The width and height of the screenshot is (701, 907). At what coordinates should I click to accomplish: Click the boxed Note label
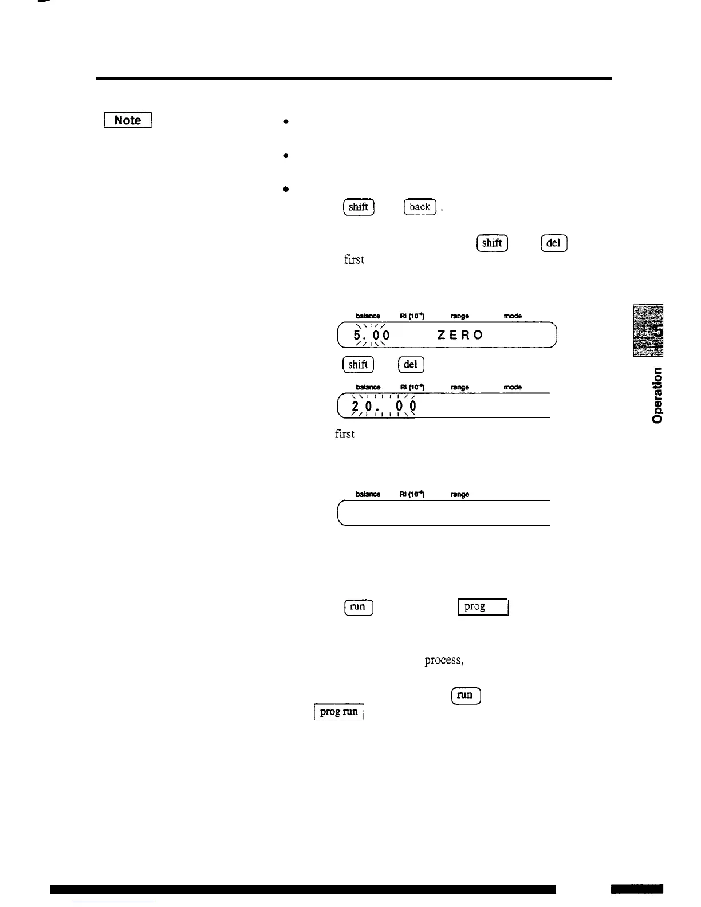(127, 120)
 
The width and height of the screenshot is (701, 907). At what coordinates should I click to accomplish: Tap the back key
(420, 207)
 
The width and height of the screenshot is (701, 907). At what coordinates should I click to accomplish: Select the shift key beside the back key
(358, 207)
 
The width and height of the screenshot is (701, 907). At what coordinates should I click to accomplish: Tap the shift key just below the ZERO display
(358, 364)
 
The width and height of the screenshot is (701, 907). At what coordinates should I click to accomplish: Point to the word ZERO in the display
(460, 335)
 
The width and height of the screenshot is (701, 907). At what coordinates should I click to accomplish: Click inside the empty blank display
(444, 513)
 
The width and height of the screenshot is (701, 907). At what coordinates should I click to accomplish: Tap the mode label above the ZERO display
(513, 316)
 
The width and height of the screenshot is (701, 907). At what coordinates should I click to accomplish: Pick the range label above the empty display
(460, 494)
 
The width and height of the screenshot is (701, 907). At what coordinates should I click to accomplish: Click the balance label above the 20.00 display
(368, 388)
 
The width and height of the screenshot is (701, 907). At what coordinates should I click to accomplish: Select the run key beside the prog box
(359, 606)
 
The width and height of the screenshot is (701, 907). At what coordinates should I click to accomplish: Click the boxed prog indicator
(483, 606)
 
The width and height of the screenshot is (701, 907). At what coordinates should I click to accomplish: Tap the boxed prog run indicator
(339, 712)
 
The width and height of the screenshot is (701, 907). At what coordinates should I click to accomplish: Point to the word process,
(443, 661)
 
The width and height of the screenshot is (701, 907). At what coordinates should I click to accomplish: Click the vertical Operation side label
(658, 395)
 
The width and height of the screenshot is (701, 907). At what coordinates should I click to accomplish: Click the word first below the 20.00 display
(345, 434)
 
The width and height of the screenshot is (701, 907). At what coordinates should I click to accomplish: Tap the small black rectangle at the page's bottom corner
(636, 889)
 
